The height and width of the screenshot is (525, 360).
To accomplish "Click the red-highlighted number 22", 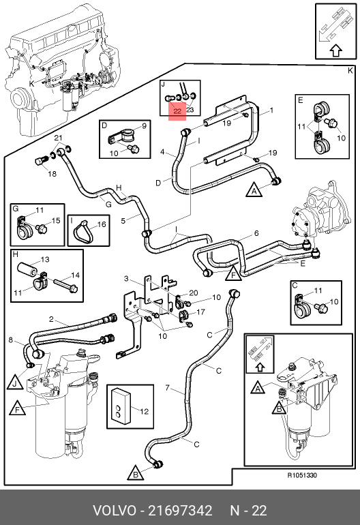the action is pyautogui.click(x=177, y=111).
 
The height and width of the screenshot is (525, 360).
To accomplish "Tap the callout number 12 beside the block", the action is pyautogui.click(x=144, y=411).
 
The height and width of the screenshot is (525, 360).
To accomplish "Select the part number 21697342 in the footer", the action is pyautogui.click(x=180, y=511).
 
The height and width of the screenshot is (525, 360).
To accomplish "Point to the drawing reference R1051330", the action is pyautogui.click(x=302, y=475).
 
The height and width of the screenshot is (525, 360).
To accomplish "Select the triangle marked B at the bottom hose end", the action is pyautogui.click(x=136, y=474).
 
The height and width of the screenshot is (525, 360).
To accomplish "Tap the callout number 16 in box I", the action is pyautogui.click(x=102, y=224).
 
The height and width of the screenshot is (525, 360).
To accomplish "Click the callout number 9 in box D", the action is pyautogui.click(x=145, y=126).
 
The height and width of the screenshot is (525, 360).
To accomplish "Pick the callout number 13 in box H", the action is pyautogui.click(x=45, y=260).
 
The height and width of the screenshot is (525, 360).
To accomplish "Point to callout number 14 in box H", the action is pyautogui.click(x=76, y=275).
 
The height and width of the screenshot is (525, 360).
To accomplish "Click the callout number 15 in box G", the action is pyautogui.click(x=56, y=220).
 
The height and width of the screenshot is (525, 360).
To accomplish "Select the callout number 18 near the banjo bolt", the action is pyautogui.click(x=52, y=174).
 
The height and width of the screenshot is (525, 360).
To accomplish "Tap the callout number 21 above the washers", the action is pyautogui.click(x=58, y=138).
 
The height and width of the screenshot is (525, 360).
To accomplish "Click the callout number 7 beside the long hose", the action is pyautogui.click(x=168, y=388).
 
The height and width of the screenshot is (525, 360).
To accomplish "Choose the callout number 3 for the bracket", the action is pyautogui.click(x=126, y=278).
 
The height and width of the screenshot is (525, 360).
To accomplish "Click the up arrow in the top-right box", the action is pyautogui.click(x=337, y=50).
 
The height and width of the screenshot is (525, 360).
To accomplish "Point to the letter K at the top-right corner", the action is pyautogui.click(x=350, y=71).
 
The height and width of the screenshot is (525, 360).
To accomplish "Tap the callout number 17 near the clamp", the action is pyautogui.click(x=200, y=312).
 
